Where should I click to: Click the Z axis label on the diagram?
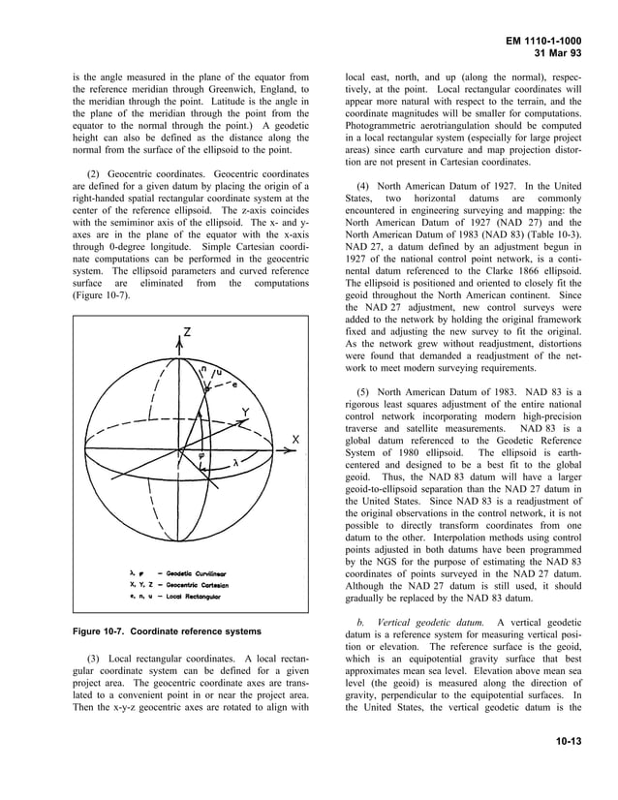point(187,332)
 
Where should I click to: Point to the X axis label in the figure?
point(295,440)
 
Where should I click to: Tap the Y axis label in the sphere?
point(245,411)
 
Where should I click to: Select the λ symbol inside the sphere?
point(235,463)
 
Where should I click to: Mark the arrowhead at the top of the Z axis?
point(178,339)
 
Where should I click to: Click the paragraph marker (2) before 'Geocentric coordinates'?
point(97,172)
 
